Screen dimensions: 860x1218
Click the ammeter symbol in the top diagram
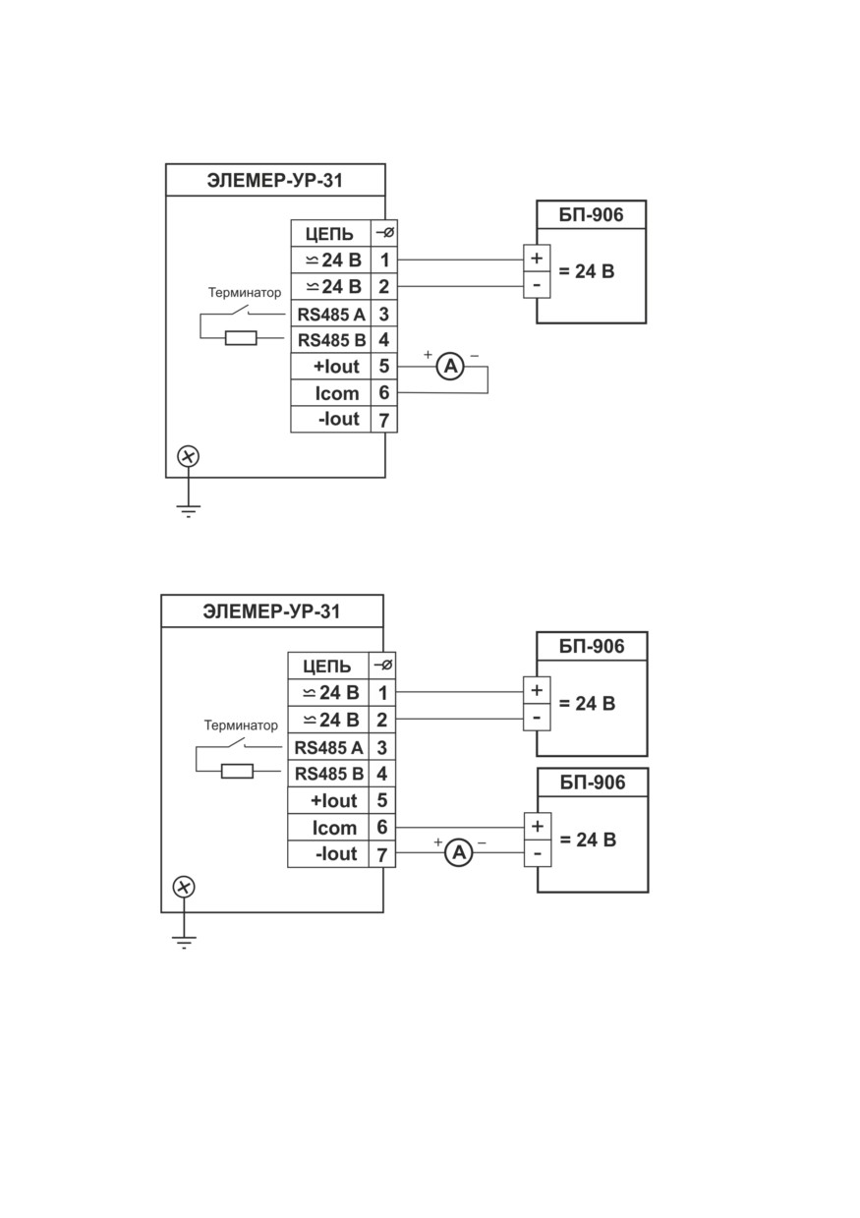[451, 367]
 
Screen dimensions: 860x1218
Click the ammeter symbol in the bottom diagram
[459, 852]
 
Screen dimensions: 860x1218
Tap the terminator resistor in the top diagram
[241, 338]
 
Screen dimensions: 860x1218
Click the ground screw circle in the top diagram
[188, 456]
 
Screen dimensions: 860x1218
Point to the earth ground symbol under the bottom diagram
[185, 943]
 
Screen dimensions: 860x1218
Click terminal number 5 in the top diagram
[383, 366]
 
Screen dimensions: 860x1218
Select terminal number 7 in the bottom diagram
[382, 855]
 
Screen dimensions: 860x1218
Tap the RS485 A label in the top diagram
[331, 315]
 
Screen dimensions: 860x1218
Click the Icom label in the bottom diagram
[334, 828]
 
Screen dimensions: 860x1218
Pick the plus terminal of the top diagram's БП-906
[537, 258]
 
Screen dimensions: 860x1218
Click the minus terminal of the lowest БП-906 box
[537, 853]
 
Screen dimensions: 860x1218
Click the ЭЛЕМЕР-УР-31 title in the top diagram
[275, 181]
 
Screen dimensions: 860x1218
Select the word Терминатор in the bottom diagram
[241, 725]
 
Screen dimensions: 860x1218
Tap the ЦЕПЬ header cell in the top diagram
[329, 234]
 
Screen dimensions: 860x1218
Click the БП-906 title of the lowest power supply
[593, 782]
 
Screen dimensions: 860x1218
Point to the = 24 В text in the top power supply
[587, 270]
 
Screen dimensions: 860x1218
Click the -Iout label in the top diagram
[339, 419]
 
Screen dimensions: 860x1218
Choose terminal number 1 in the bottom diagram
[382, 693]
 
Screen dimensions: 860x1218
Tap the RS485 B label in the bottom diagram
[329, 774]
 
